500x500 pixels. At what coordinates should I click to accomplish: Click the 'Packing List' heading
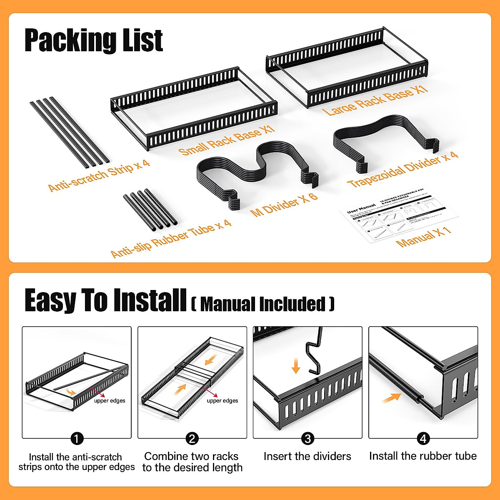point(94,40)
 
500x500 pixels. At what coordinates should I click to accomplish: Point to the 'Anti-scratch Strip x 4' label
point(99,175)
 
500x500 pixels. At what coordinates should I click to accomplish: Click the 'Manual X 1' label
point(423,237)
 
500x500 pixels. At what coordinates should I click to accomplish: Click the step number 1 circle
point(77,438)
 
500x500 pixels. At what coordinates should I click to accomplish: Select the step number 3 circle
point(307,438)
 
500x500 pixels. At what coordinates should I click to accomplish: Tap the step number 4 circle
point(423,438)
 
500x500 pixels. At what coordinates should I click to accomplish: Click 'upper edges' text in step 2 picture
point(222,400)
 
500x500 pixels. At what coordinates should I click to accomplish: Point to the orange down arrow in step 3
point(296,366)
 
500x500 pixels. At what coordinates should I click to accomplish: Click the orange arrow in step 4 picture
point(391,398)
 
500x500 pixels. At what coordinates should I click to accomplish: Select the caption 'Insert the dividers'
point(307,456)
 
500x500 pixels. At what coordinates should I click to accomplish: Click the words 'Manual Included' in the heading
point(263,304)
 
